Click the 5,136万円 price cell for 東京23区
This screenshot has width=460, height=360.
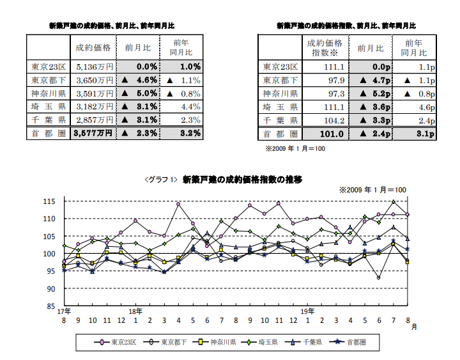coord(93,66)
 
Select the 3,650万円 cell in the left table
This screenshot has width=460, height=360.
coord(93,80)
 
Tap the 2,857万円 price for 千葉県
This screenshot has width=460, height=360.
coord(93,120)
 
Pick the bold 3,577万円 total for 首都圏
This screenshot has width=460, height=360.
coord(93,133)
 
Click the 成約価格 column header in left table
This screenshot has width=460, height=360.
coord(93,48)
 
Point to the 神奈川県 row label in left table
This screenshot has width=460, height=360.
coord(48,93)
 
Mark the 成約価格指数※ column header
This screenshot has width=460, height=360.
coord(325,48)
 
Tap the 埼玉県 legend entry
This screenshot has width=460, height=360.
coord(259,343)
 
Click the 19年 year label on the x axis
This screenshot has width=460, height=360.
coord(308,311)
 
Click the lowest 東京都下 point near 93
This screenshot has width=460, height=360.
coord(379,278)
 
